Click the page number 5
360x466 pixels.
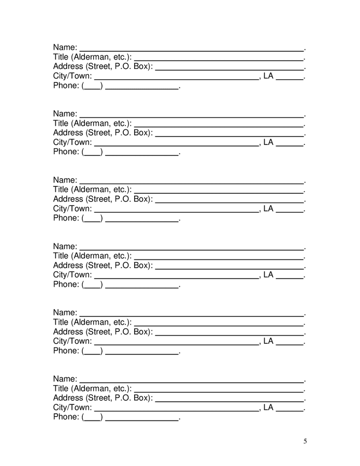(305, 441)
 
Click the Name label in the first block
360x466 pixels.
(65, 48)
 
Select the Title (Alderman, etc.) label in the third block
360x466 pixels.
(92, 190)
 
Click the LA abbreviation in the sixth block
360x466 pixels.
(268, 407)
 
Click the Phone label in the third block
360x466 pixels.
(66, 218)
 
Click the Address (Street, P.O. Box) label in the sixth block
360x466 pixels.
(103, 398)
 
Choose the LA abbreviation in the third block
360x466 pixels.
(268, 208)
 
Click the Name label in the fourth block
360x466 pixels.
(65, 246)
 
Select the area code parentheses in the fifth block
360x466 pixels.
(92, 351)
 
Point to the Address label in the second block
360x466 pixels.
(103, 133)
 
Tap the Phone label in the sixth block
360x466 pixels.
(66, 417)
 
